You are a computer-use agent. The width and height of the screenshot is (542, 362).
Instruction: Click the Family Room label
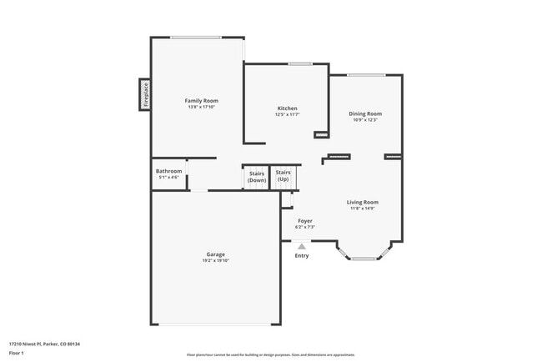(201, 100)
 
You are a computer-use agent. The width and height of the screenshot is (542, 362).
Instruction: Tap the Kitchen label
(288, 108)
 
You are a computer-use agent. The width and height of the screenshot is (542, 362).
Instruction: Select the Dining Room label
(365, 113)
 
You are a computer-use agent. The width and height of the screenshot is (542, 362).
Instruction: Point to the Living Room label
(363, 202)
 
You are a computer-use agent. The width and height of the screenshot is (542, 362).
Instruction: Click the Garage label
(216, 254)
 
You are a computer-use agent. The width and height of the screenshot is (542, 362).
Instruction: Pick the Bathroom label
(168, 171)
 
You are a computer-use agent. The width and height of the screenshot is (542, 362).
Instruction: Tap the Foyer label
(305, 221)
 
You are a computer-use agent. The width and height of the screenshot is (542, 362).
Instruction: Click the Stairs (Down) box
(257, 177)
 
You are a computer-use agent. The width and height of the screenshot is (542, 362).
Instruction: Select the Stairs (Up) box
(283, 176)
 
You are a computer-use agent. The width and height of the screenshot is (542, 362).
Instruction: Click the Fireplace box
(144, 94)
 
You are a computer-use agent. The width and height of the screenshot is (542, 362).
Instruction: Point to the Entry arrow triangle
(302, 245)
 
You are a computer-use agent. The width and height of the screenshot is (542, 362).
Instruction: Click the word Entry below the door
(302, 255)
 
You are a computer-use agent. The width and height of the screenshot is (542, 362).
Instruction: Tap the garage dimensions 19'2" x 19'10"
(216, 261)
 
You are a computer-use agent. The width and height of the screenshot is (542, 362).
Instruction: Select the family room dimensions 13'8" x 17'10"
(201, 107)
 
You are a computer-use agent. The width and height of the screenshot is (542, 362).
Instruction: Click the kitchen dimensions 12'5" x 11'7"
(288, 114)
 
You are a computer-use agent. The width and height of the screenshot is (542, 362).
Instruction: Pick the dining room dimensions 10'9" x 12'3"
(365, 120)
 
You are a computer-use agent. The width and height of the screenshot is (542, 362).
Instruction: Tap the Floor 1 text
(17, 353)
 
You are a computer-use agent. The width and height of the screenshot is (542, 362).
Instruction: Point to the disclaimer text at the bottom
(270, 354)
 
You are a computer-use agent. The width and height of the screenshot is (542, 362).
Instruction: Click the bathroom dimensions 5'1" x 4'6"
(168, 178)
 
